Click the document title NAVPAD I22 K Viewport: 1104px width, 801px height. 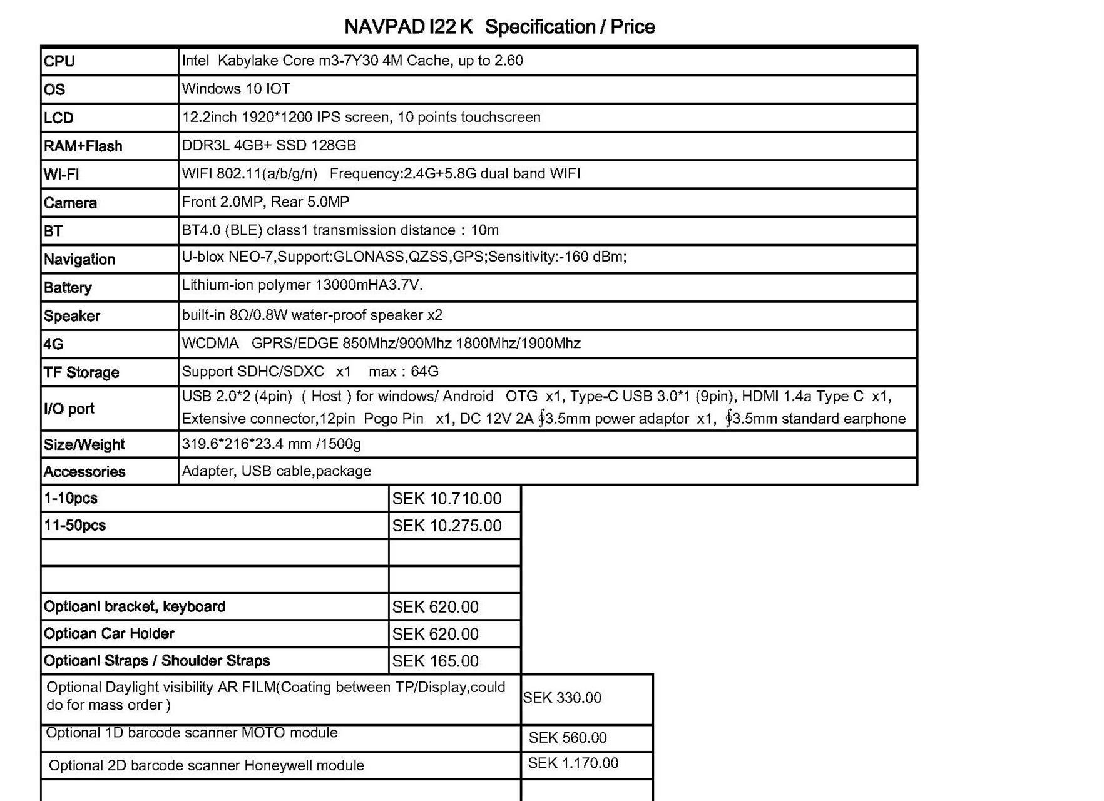pos(409,27)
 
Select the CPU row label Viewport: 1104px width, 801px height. pos(59,61)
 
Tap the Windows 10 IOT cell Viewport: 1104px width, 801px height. pos(236,89)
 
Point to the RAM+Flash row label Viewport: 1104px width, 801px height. pos(83,146)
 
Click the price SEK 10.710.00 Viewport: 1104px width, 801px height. pos(447,499)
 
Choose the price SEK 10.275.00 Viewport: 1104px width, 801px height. pos(447,526)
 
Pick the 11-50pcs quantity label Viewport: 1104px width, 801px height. pos(75,526)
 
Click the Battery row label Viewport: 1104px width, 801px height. pos(68,288)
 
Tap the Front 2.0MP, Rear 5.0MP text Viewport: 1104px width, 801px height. pos(265,202)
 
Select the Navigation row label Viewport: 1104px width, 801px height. pos(79,260)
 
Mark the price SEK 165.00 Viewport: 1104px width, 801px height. pos(436,661)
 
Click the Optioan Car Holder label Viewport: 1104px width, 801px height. pos(109,634)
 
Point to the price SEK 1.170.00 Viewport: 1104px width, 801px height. pos(573,763)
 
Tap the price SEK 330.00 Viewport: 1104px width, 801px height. pos(562,698)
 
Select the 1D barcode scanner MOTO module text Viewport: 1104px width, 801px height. pos(192,733)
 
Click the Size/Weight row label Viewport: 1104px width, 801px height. pos(84,445)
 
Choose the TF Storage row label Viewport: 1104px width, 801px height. pos(81,373)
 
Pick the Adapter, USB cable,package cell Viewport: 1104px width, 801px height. pos(277,471)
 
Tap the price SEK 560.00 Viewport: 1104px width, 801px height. pos(568,738)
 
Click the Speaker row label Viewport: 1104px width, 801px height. pos(72,316)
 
